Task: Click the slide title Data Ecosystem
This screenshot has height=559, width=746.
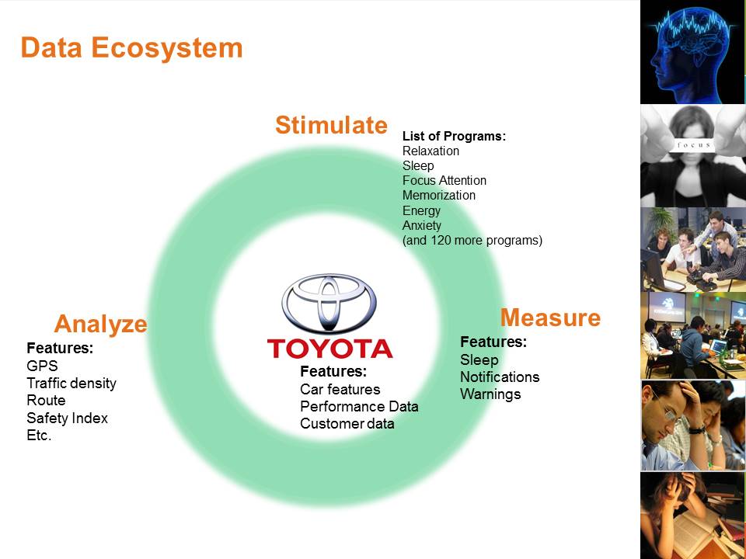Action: coord(131,48)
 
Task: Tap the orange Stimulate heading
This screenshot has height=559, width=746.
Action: coord(331,125)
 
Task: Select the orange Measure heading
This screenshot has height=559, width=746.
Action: coord(550,318)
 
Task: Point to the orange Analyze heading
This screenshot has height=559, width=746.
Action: coord(100,324)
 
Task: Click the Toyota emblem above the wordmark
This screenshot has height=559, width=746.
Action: coord(329,304)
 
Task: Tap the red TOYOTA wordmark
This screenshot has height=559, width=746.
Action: coord(329,349)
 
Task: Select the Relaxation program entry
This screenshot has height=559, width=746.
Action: coord(431,151)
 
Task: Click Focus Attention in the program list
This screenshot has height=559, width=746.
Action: coord(444,181)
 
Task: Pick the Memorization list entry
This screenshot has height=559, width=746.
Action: coord(438,196)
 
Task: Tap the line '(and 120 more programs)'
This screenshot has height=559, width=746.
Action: coord(472,241)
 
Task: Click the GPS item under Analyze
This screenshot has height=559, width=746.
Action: coord(42,366)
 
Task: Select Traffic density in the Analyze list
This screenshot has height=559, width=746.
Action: coord(71,384)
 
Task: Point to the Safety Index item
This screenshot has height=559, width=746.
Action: coord(67,418)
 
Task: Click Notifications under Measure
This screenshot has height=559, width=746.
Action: coord(499,377)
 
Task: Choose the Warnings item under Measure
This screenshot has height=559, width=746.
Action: coord(490,394)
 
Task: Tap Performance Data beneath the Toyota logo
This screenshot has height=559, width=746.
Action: coord(359,407)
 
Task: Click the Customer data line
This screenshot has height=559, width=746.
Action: coord(347,424)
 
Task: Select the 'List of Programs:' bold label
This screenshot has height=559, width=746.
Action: coord(454,137)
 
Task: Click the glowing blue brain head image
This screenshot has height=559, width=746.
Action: coord(692,51)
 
